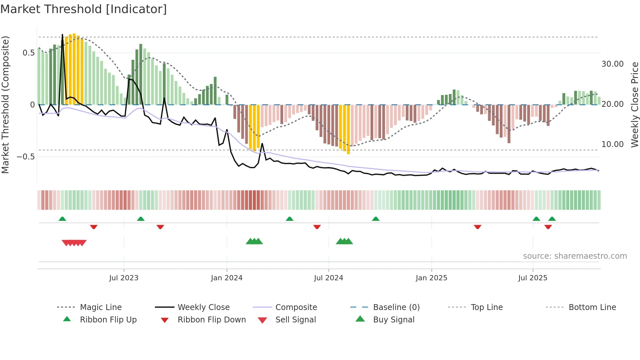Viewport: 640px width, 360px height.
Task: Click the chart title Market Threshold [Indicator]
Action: (x=84, y=9)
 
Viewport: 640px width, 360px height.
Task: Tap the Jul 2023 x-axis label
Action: (x=124, y=278)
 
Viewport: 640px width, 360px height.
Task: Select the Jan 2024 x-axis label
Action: (x=227, y=278)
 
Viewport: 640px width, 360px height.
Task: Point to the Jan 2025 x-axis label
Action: (x=431, y=278)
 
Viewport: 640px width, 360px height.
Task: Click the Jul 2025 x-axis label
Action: (x=533, y=278)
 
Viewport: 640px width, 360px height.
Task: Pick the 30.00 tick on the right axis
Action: (x=612, y=64)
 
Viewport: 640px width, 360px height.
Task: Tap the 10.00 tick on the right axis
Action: (x=612, y=144)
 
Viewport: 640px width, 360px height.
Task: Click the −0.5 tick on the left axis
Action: (x=26, y=157)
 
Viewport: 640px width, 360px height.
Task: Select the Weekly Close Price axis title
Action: (x=634, y=105)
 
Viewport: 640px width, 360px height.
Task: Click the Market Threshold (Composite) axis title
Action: (x=5, y=105)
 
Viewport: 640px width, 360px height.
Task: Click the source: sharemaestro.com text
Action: (x=575, y=256)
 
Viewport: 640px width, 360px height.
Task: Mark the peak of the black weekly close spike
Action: (x=62, y=35)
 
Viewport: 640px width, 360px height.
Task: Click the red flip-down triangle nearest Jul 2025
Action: (x=548, y=227)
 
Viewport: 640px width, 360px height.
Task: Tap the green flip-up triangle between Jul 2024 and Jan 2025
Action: (x=376, y=219)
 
